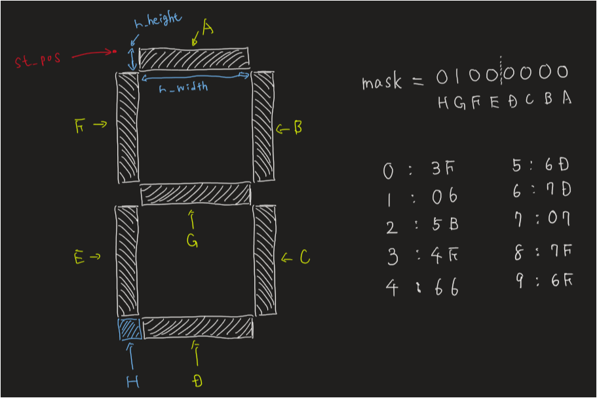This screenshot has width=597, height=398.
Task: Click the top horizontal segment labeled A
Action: pyautogui.click(x=194, y=58)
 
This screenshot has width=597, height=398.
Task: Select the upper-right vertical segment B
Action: pyautogui.click(x=263, y=126)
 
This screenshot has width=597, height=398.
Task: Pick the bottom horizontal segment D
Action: pyautogui.click(x=198, y=328)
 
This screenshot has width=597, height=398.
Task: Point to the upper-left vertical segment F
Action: pyautogui.click(x=128, y=127)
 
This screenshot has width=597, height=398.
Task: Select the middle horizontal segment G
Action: pyautogui.click(x=196, y=194)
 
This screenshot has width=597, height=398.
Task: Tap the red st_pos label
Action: pyautogui.click(x=38, y=61)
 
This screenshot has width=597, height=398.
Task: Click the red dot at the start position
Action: pyautogui.click(x=115, y=50)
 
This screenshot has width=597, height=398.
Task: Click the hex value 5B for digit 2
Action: pyautogui.click(x=445, y=226)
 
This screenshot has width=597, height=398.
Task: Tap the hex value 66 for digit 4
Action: pyautogui.click(x=445, y=287)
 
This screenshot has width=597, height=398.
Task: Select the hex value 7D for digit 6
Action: pyautogui.click(x=560, y=191)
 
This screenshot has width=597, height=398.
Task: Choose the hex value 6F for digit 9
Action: pyautogui.click(x=559, y=280)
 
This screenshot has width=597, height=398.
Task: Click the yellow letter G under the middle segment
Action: pyautogui.click(x=192, y=242)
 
